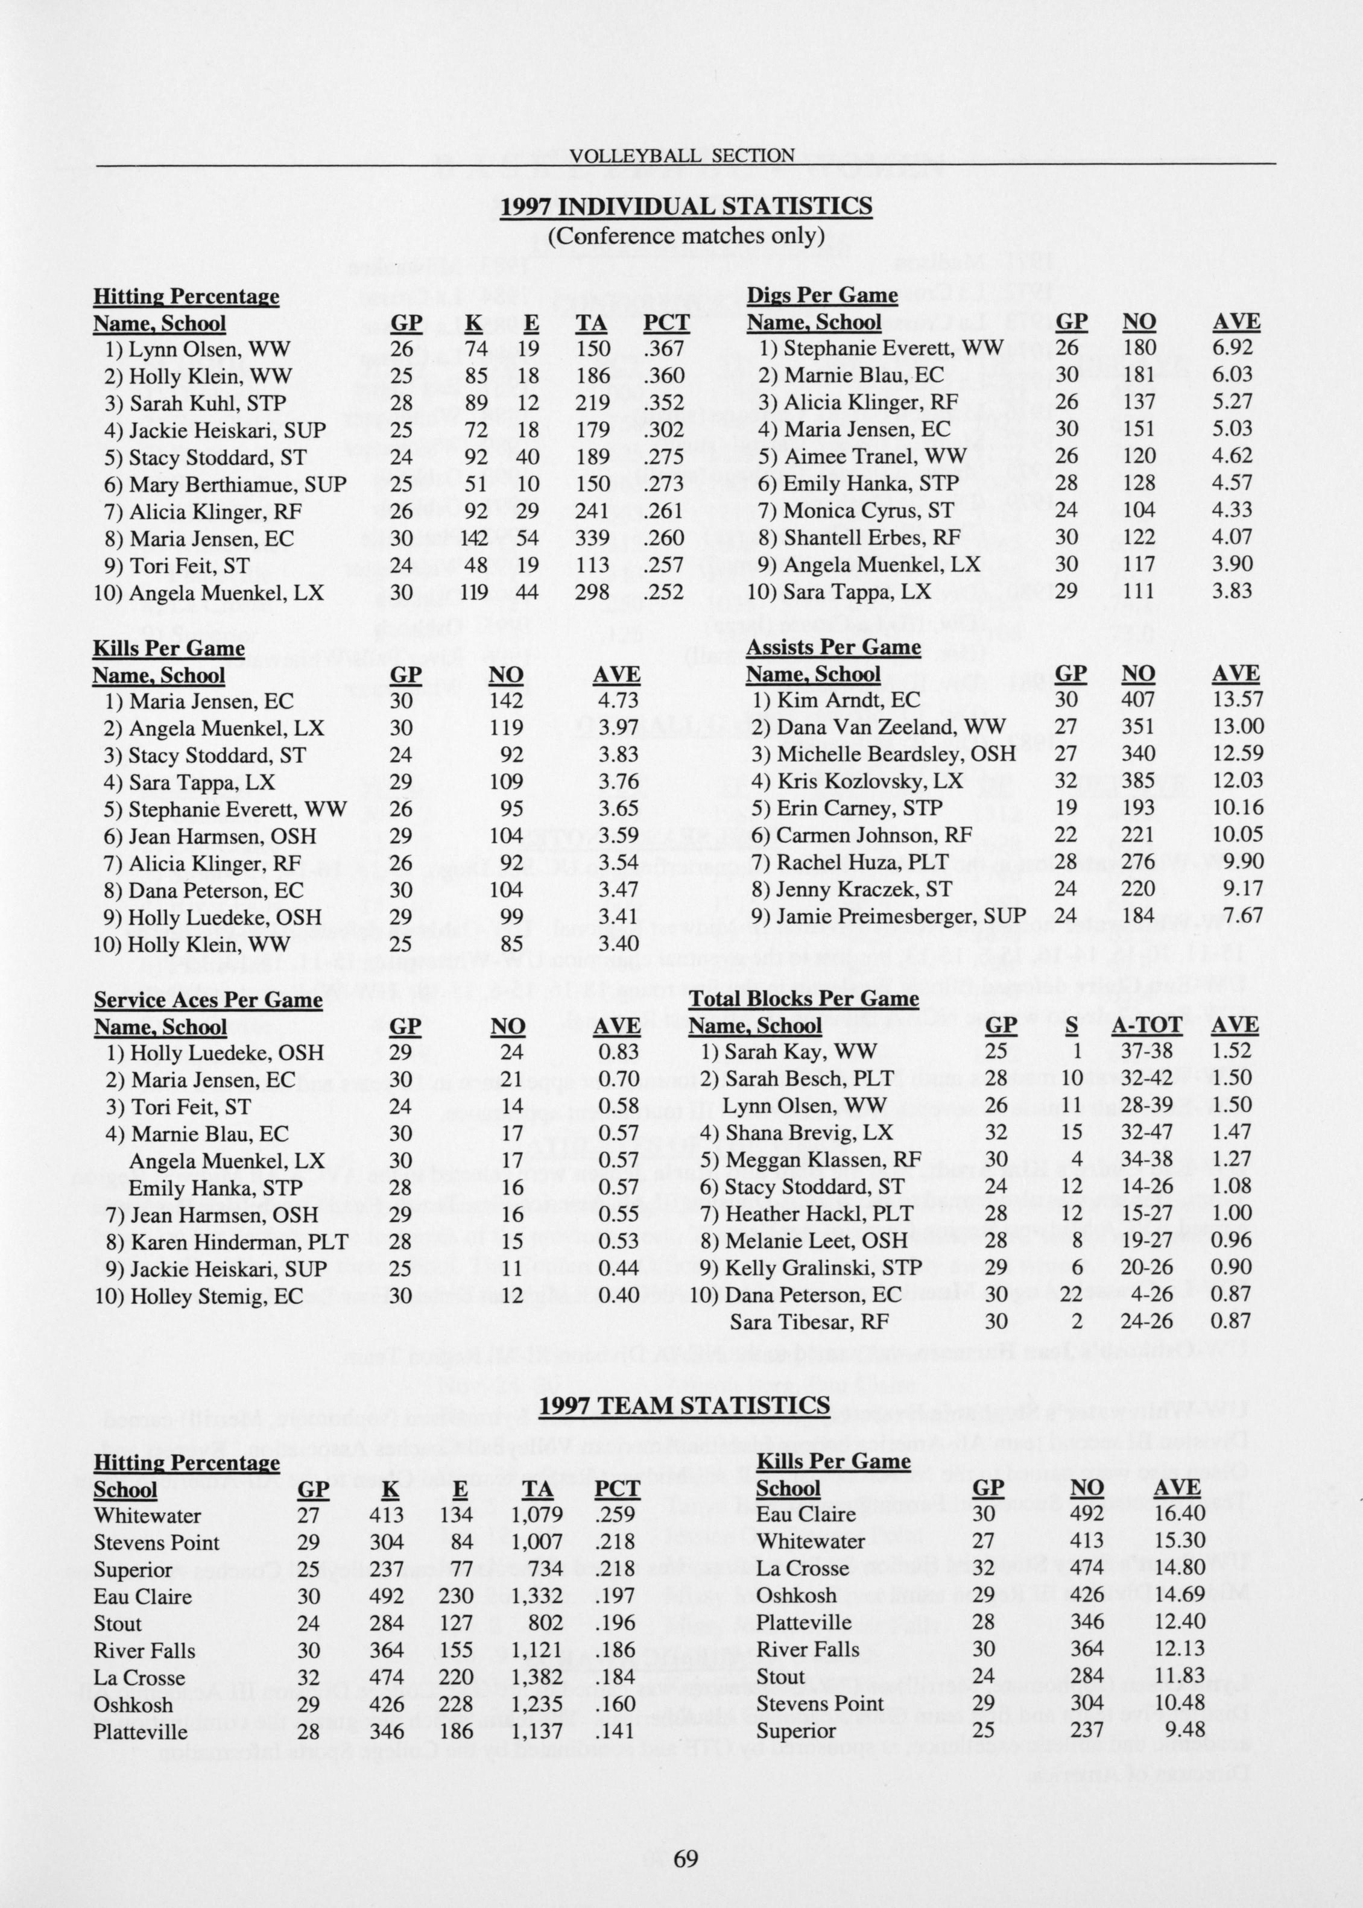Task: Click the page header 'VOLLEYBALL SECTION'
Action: [x=681, y=155]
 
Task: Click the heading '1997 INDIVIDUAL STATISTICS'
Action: [x=686, y=206]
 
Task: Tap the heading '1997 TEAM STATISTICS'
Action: [x=684, y=1406]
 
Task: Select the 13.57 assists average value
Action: [x=1236, y=699]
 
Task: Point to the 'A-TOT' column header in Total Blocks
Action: [x=1146, y=1025]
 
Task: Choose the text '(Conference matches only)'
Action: [x=686, y=236]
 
